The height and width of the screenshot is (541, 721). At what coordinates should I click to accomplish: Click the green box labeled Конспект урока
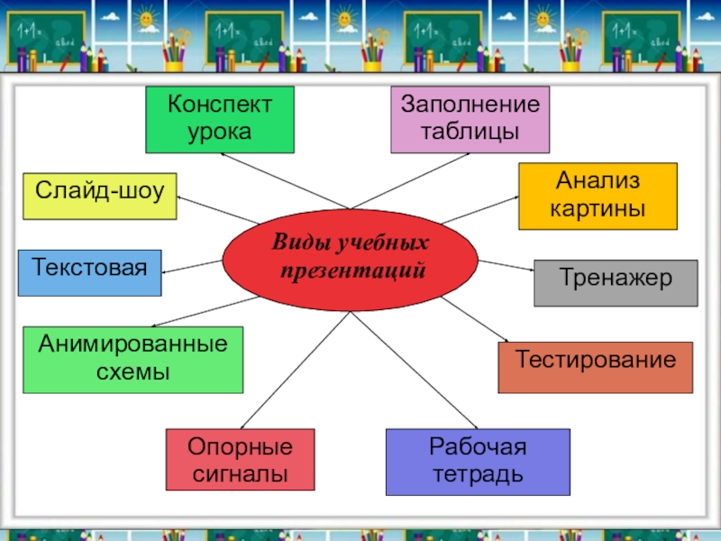coord(220,120)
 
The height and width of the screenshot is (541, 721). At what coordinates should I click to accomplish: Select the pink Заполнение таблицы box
coord(470,119)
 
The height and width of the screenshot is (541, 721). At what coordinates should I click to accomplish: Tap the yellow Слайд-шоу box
coord(99,196)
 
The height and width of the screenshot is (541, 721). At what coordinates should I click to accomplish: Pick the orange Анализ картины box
coord(598,196)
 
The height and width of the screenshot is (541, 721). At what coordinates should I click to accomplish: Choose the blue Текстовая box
coord(89,272)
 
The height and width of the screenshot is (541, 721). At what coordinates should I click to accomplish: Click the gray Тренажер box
coord(616,282)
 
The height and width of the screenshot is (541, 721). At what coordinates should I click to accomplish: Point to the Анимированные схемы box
coord(132,360)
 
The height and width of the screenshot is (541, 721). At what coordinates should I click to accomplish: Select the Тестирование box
coord(596,367)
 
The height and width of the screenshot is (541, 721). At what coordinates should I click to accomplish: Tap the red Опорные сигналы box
coord(241,460)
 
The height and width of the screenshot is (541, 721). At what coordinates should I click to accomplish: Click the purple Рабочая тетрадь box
coord(478,462)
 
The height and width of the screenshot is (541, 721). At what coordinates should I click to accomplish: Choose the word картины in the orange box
coord(598,208)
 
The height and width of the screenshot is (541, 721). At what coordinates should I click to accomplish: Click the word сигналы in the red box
coord(241,472)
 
